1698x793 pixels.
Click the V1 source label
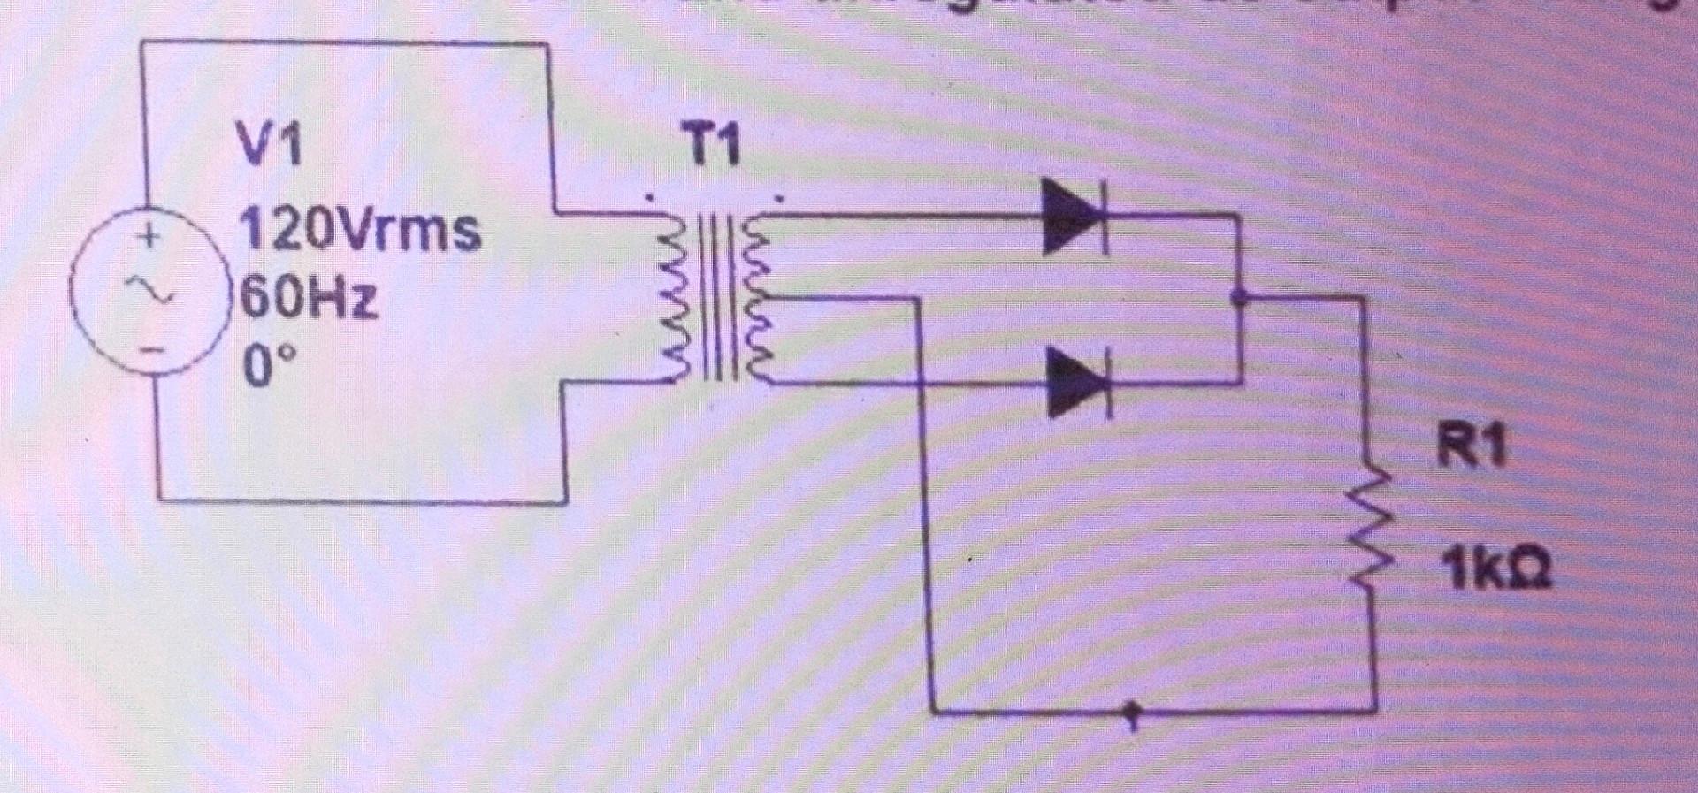(x=269, y=146)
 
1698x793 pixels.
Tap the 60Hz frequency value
(x=309, y=299)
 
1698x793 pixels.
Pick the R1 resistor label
(x=1470, y=445)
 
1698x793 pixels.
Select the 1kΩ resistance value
(x=1494, y=569)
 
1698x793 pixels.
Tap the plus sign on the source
(x=151, y=237)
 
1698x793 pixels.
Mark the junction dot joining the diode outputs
(x=1239, y=298)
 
